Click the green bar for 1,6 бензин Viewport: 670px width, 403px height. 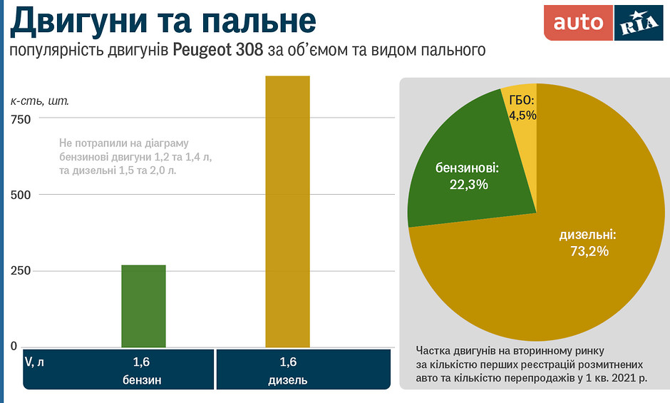pyautogui.click(x=143, y=306)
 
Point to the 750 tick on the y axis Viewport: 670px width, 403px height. pyautogui.click(x=21, y=120)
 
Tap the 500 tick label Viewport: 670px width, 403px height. pyautogui.click(x=21, y=195)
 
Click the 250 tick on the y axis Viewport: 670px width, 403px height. pyautogui.click(x=21, y=271)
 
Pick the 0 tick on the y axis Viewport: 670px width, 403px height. pyautogui.click(x=14, y=347)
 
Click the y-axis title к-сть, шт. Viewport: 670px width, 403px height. pyautogui.click(x=40, y=101)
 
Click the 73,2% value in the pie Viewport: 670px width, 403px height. pyautogui.click(x=589, y=251)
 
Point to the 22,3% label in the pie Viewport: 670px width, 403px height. pyautogui.click(x=468, y=185)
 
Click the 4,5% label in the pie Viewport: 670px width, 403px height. pyautogui.click(x=522, y=115)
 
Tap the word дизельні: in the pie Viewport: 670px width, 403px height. pyautogui.click(x=588, y=234)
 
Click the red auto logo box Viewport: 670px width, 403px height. pyautogui.click(x=578, y=24)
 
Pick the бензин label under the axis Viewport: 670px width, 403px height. pyautogui.click(x=143, y=379)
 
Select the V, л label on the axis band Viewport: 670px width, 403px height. pyautogui.click(x=34, y=362)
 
